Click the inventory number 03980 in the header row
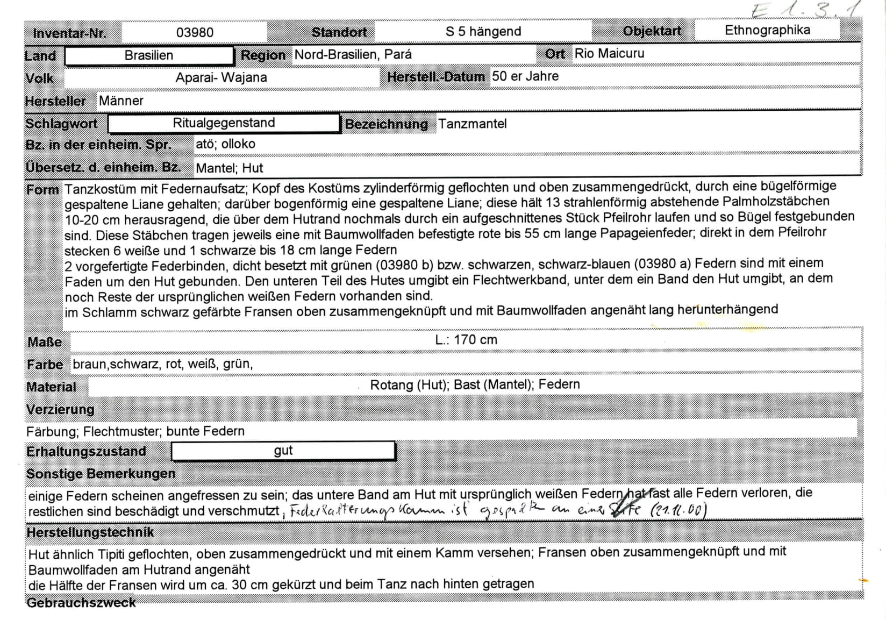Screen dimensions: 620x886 (x=195, y=32)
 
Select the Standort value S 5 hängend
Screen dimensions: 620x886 (x=483, y=31)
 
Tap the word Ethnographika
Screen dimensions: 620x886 (x=767, y=30)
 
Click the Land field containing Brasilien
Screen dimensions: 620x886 (x=149, y=55)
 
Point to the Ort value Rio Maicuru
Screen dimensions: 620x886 (x=609, y=53)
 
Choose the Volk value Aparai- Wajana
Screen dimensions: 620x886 (x=221, y=77)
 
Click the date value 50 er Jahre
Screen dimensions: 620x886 (x=525, y=76)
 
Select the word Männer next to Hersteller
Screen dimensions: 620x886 (x=121, y=101)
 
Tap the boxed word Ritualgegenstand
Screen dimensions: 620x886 (x=224, y=123)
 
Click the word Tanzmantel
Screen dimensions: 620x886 (x=472, y=124)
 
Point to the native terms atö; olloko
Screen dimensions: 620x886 (x=225, y=144)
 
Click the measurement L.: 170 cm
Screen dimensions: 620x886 (x=466, y=339)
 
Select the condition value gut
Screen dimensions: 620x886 (x=283, y=451)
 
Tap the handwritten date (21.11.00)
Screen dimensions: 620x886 (x=678, y=509)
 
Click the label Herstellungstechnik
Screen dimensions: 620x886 (x=90, y=532)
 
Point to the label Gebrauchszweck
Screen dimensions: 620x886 (x=81, y=602)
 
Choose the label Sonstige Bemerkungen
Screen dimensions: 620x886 (x=101, y=474)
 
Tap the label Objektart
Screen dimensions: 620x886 (x=652, y=31)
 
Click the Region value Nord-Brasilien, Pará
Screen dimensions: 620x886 (x=353, y=54)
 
